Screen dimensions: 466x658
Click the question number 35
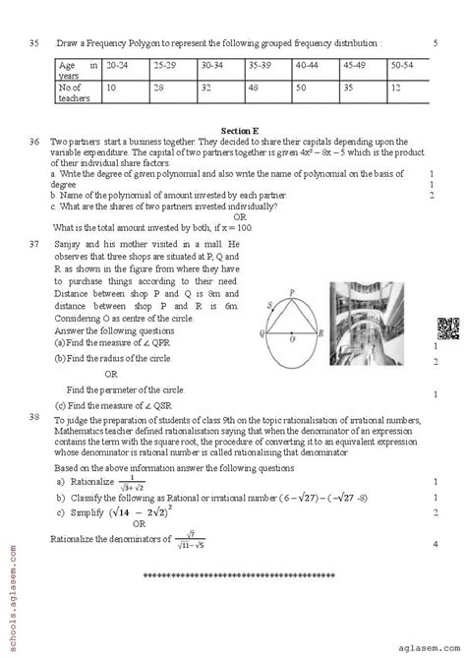pos(33,43)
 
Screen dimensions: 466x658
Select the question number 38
pos(33,416)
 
